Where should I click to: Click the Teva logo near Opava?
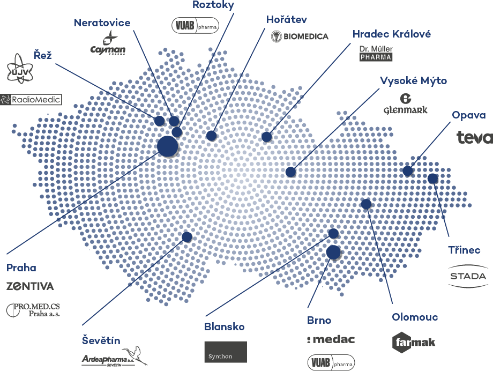tap(474, 137)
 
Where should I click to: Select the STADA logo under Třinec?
tap(467, 276)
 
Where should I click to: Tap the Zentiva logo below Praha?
tap(30, 286)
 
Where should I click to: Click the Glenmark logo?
tap(405, 104)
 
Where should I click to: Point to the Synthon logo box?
tap(226, 352)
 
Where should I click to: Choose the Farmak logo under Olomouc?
tap(413, 341)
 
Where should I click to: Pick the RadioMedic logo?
tap(31, 99)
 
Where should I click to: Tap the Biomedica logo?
tap(300, 36)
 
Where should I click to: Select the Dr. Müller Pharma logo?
tap(376, 52)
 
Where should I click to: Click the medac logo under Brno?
tap(331, 339)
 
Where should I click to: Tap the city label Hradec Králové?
tap(392, 34)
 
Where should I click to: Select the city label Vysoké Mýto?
tap(413, 80)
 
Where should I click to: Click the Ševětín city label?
tap(101, 340)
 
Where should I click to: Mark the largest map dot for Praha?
tap(167, 146)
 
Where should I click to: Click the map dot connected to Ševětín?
tap(186, 236)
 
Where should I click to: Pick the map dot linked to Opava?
tap(408, 171)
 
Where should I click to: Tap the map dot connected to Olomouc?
tap(366, 204)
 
